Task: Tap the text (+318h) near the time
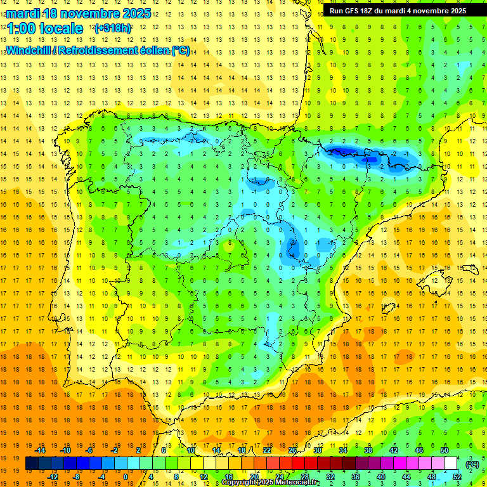point(112,29)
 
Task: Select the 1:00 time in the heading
point(20,29)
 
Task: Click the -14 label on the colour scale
point(40,450)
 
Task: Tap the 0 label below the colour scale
point(125,477)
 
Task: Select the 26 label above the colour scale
point(292,450)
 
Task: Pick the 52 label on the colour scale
point(457,477)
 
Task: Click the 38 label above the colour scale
point(368,450)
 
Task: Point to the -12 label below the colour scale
point(53,477)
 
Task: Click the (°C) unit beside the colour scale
point(472,464)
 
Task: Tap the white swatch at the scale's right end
point(451,464)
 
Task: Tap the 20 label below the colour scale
point(254,477)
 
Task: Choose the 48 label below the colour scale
point(432,477)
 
